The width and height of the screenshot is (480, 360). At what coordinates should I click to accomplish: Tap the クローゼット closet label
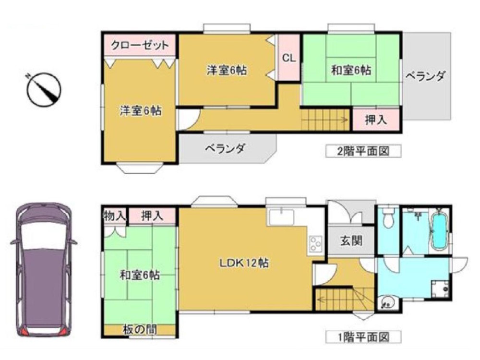140,46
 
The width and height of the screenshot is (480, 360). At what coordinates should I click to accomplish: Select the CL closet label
289,58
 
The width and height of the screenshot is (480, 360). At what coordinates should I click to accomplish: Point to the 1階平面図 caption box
363,337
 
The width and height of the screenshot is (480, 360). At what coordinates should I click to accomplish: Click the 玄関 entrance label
351,240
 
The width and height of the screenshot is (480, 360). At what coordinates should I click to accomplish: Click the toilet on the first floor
388,220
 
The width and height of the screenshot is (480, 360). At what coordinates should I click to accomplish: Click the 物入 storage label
114,216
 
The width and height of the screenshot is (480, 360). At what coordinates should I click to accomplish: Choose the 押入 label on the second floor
376,120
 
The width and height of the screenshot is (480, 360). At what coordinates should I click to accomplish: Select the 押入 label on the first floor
152,216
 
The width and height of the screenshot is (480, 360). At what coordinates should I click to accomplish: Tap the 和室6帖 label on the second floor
350,70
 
